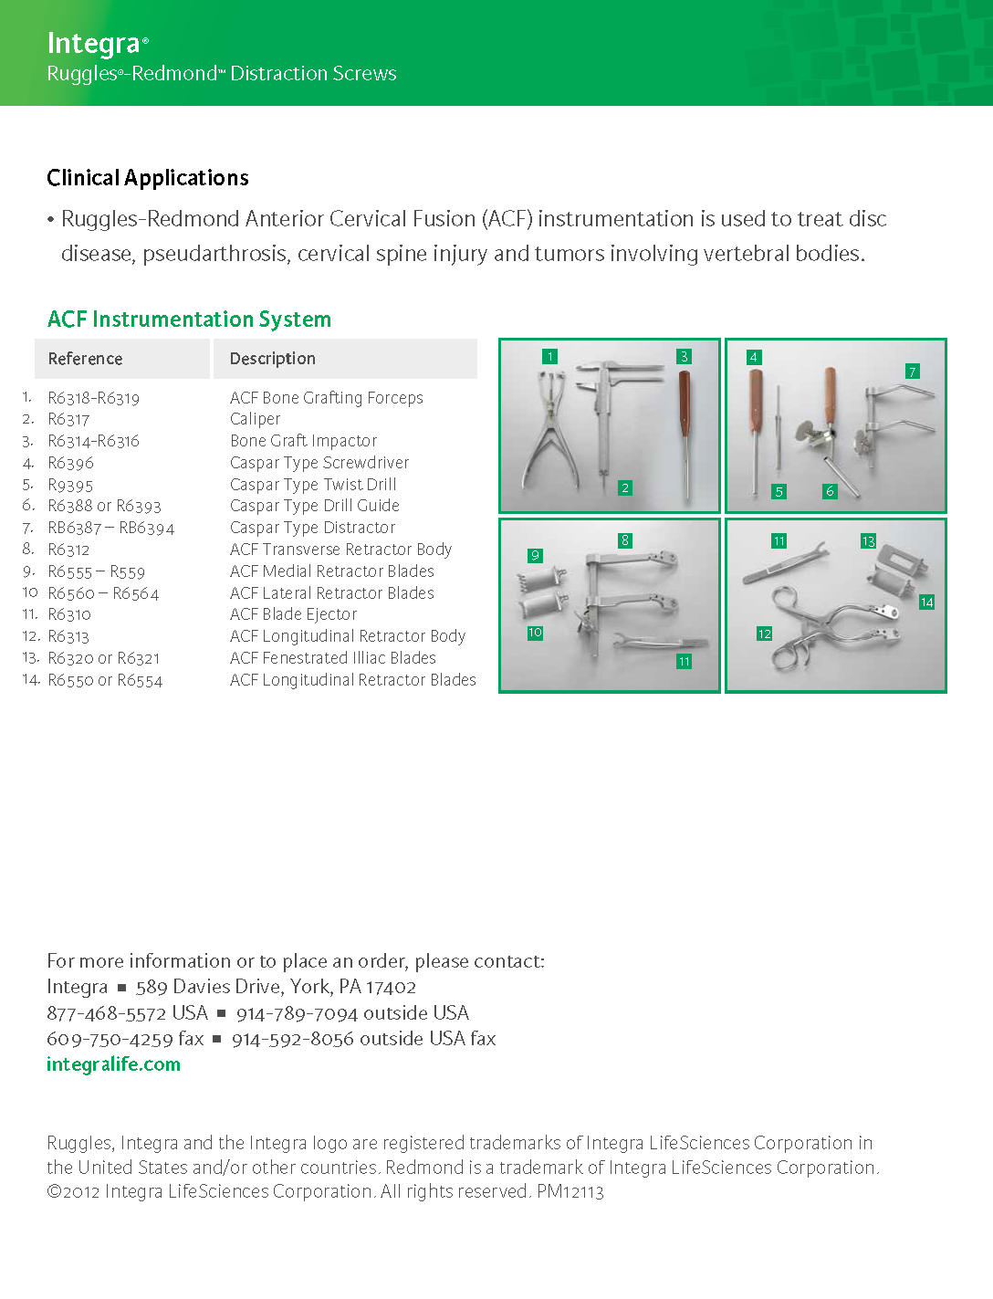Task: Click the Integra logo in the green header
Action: tap(94, 43)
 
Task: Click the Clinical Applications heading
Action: tap(148, 178)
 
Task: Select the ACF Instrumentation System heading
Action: tap(189, 320)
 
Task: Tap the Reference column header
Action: tap(86, 359)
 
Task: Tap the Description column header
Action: tap(273, 359)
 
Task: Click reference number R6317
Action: tap(69, 420)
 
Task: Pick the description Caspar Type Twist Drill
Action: tap(313, 485)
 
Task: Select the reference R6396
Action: tap(71, 464)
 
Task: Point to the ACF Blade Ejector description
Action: tap(293, 614)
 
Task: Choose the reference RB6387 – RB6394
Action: tap(110, 529)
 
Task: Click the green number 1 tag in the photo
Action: tap(549, 357)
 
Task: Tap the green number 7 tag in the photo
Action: tap(912, 372)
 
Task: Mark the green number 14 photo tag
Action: tap(926, 602)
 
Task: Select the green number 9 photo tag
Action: tap(535, 555)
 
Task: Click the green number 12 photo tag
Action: tap(764, 634)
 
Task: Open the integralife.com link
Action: tap(113, 1064)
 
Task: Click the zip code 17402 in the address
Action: tap(392, 988)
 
